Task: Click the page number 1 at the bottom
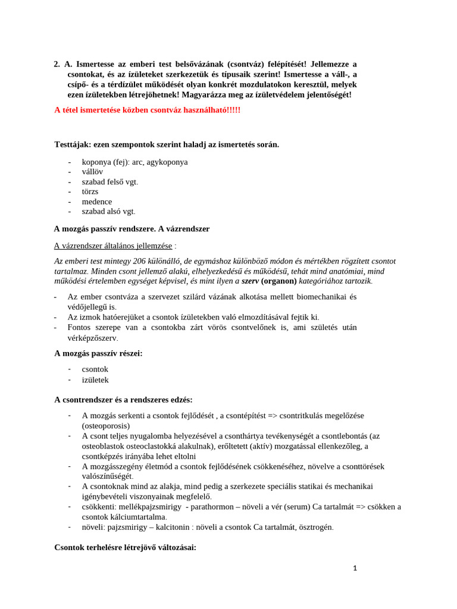[355, 568]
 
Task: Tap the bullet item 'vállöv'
[92, 171]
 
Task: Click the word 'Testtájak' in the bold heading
[73, 144]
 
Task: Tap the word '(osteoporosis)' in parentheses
[105, 426]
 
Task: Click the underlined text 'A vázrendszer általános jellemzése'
[113, 246]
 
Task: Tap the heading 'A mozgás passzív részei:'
[98, 353]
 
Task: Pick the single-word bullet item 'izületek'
[95, 379]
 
